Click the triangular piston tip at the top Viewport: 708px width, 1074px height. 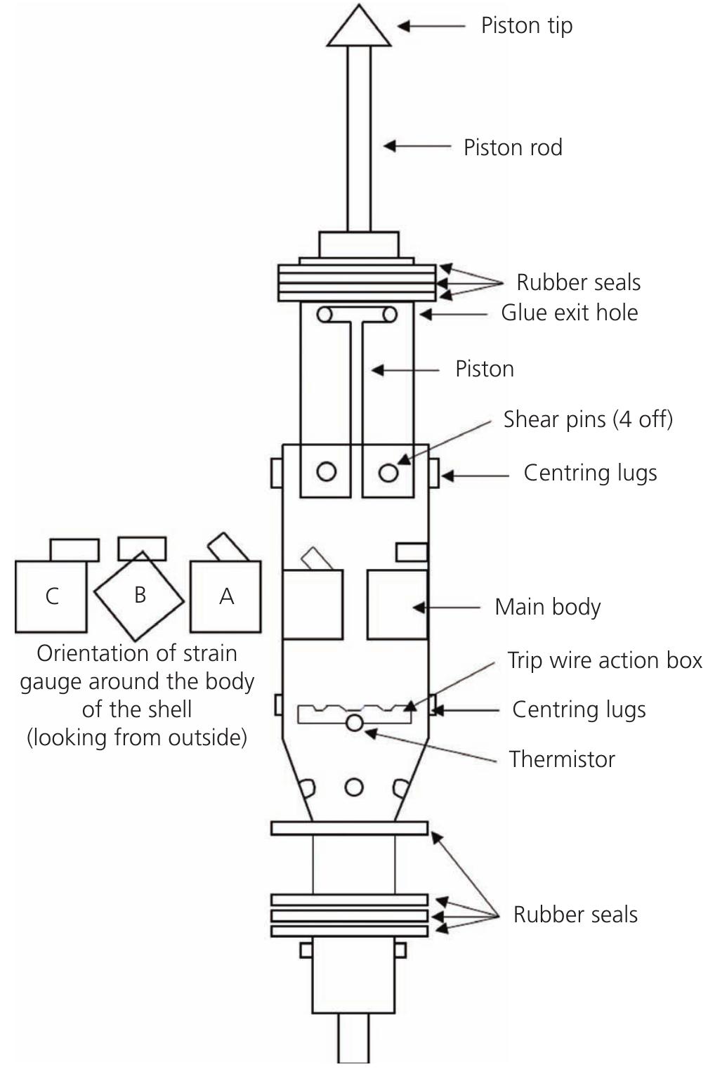pos(359,30)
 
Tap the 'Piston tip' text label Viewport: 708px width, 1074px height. pos(526,26)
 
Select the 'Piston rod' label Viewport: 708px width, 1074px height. pos(513,148)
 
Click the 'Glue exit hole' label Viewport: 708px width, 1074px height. pos(569,313)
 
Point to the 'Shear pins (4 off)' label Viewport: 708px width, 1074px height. pos(588,419)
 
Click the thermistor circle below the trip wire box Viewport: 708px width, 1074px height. pos(355,722)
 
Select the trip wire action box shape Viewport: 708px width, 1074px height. pos(354,712)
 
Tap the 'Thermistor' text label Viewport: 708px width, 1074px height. pos(562,759)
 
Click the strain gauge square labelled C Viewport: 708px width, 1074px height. pos(51,596)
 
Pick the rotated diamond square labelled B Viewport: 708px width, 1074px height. pos(139,596)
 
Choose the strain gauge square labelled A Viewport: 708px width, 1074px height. pos(225,596)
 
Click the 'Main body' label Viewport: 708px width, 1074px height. pos(547,607)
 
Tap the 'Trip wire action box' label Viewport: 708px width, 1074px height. pos(604,660)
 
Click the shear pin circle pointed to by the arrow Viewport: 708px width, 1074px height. pos(388,472)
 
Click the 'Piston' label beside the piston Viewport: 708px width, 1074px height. pos(484,369)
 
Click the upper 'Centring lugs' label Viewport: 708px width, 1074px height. pos(590,473)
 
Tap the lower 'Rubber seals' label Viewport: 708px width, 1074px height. pos(575,915)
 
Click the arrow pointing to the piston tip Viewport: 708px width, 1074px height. pos(431,26)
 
